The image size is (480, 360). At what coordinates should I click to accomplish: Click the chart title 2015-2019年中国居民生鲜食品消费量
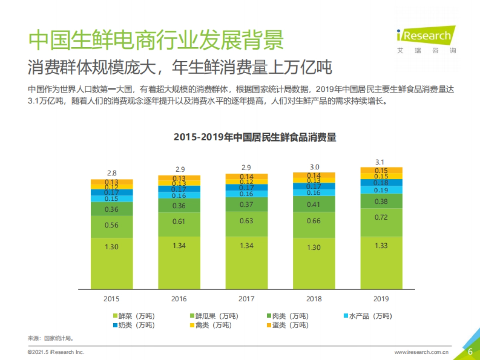(255, 137)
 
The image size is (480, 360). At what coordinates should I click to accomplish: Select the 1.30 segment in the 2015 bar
(112, 263)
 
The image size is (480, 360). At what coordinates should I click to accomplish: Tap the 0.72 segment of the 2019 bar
(381, 222)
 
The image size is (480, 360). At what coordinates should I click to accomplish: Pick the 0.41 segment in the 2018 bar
(314, 204)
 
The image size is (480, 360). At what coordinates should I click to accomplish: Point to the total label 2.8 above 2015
(112, 174)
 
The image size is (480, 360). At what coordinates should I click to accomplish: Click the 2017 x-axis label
(246, 298)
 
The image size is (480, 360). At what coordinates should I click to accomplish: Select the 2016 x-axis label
(179, 298)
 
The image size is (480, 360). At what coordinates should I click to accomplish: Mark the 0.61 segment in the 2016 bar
(179, 222)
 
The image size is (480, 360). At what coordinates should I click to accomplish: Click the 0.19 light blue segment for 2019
(381, 190)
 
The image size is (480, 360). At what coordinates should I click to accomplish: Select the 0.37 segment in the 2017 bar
(246, 204)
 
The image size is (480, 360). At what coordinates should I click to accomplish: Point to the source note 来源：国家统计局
(50, 338)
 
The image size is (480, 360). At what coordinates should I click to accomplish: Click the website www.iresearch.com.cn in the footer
(421, 352)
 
